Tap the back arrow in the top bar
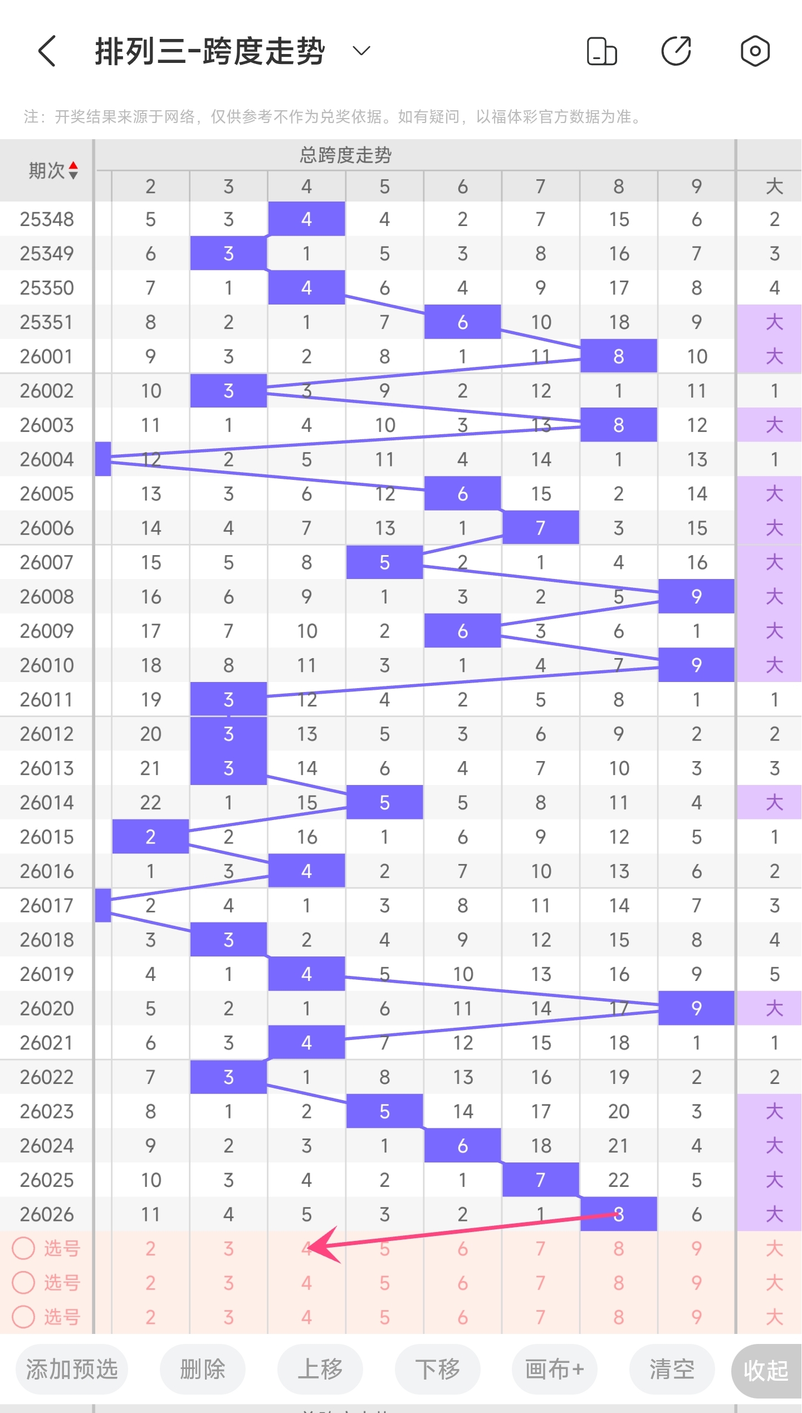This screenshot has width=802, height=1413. pos(47,51)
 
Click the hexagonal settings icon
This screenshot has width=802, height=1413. pos(755,51)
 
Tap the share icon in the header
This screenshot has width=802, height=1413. pos(676,51)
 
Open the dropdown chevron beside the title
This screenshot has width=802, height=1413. pos(361,51)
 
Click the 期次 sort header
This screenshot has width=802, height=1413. pos(53,170)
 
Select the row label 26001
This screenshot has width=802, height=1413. pos(47,356)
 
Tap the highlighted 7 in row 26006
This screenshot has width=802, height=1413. pos(540,528)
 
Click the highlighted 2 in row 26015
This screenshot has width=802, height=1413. pos(150,836)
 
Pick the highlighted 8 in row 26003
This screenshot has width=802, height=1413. pos(618,425)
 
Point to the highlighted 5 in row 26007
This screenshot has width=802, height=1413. pos(384,562)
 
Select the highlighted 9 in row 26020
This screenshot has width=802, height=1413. pos(696,1008)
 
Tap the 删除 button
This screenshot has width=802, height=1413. pos(202,1369)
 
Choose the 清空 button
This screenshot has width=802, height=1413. pos(672,1369)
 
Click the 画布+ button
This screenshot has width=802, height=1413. pos(554,1369)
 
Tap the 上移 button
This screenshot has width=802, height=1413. pos(320,1369)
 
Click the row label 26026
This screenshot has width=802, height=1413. pos(47,1214)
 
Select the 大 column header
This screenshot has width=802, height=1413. pos(774,186)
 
